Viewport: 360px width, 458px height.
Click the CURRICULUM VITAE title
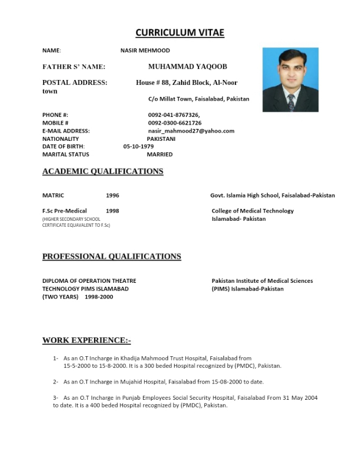pyautogui.click(x=179, y=33)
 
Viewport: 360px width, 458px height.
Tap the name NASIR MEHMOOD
pyautogui.click(x=145, y=51)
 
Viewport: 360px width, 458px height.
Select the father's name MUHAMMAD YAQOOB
pyautogui.click(x=188, y=67)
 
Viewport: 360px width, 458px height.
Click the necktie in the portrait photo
pyautogui.click(x=291, y=102)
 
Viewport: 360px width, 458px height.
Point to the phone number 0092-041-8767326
pyautogui.click(x=174, y=115)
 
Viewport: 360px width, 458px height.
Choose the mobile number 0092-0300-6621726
pyautogui.click(x=175, y=123)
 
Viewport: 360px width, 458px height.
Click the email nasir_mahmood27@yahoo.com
pyautogui.click(x=191, y=131)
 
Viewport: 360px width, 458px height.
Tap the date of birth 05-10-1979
pyautogui.click(x=139, y=146)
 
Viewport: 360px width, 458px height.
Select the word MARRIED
pyautogui.click(x=160, y=154)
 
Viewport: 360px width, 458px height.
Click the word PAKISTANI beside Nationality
pyautogui.click(x=161, y=139)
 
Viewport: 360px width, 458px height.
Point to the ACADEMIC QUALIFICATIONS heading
pyautogui.click(x=103, y=171)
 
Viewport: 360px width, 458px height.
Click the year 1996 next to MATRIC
pyautogui.click(x=113, y=195)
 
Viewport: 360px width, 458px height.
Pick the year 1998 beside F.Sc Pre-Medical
pyautogui.click(x=113, y=211)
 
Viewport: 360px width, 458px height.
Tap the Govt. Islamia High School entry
pyautogui.click(x=272, y=195)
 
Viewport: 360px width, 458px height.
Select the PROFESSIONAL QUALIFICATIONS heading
pyautogui.click(x=111, y=257)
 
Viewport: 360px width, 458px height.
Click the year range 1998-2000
pyautogui.click(x=99, y=297)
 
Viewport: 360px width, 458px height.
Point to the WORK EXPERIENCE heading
pyautogui.click(x=86, y=341)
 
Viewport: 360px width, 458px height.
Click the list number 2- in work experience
pyautogui.click(x=55, y=382)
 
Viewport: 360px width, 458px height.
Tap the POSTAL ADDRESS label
pyautogui.click(x=75, y=83)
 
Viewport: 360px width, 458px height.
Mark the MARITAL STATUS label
pyautogui.click(x=66, y=154)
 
